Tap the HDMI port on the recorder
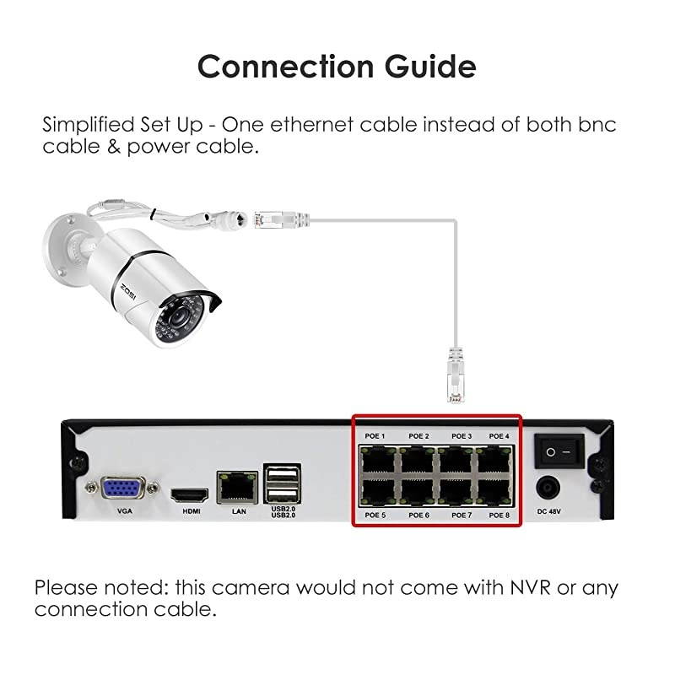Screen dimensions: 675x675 (186, 494)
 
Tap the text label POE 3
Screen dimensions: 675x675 (461, 436)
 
